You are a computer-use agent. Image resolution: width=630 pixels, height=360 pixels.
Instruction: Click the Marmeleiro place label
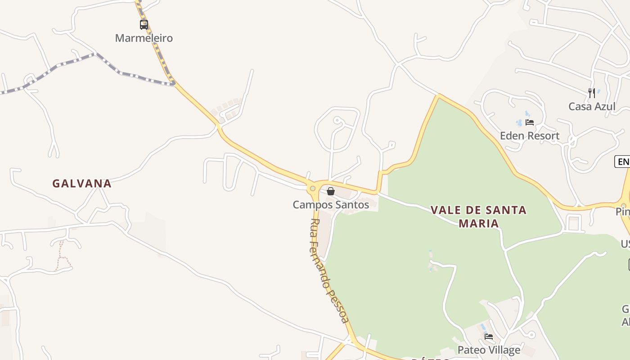[x=144, y=38]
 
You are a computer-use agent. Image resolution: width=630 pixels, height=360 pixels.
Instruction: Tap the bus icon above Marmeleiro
[x=144, y=25]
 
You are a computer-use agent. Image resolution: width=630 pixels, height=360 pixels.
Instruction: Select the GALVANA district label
[x=82, y=184]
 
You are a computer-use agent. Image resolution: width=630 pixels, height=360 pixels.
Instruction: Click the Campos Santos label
[x=331, y=205]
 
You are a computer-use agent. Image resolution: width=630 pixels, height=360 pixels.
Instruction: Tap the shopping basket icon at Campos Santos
[x=331, y=191]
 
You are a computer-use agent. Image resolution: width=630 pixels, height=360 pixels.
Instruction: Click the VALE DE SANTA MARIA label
[x=478, y=216]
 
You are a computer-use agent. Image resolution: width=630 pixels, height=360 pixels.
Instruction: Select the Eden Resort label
[x=530, y=135]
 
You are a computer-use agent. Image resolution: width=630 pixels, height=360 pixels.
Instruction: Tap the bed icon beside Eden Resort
[x=530, y=122]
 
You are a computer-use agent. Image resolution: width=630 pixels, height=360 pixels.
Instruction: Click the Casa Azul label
[x=592, y=107]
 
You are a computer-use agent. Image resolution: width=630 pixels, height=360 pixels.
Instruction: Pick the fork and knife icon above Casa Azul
[x=592, y=93]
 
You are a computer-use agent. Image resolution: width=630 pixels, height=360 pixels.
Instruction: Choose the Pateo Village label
[x=489, y=350]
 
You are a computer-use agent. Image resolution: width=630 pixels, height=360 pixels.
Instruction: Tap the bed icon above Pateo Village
[x=489, y=337]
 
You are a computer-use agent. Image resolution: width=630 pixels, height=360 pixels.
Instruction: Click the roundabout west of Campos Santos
[x=313, y=188]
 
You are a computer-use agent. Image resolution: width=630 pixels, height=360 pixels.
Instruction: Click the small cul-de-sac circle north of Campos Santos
[x=337, y=120]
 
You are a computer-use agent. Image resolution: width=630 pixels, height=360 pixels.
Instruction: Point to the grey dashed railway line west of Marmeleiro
[x=58, y=67]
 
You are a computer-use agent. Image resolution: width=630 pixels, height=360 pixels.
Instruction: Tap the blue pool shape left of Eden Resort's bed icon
[x=519, y=122]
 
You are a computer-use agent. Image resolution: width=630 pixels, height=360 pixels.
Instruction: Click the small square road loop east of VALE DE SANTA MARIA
[x=573, y=223]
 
